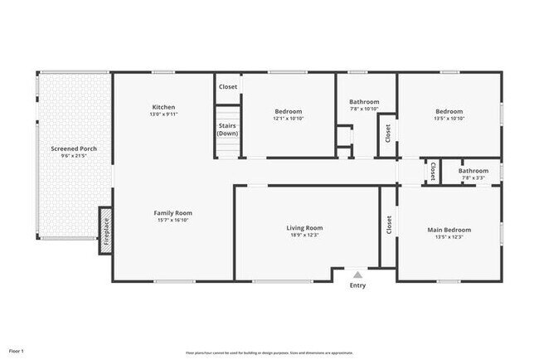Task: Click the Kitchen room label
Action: coord(163,106)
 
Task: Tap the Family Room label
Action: coord(175,212)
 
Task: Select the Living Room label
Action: coord(304,227)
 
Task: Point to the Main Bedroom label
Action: coord(449,230)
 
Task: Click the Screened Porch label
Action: coord(74,148)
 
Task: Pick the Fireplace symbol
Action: coord(105,231)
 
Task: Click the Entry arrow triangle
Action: coord(357,275)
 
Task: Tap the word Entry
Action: coord(357,286)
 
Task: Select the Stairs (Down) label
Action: coord(228,129)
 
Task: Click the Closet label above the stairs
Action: coord(228,86)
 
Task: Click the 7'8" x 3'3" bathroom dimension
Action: coord(473,178)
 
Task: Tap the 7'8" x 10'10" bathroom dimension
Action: coord(363,109)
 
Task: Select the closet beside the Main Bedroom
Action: coord(388,225)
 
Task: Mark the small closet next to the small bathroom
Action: coord(432,171)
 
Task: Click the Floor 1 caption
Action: coord(16,351)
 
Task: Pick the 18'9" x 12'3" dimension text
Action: coord(304,236)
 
